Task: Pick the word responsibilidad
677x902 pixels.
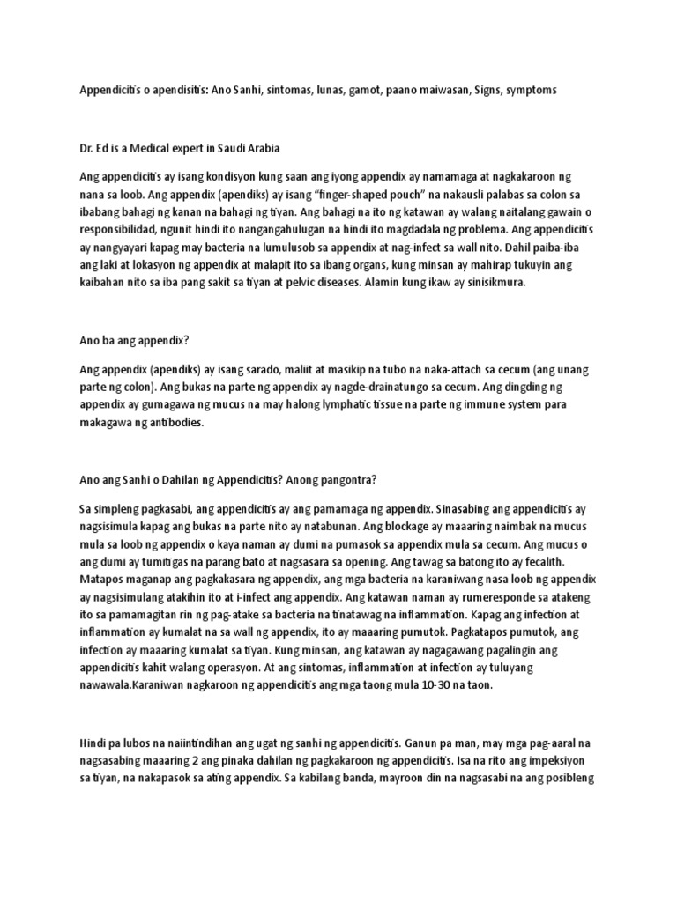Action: coord(123,231)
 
